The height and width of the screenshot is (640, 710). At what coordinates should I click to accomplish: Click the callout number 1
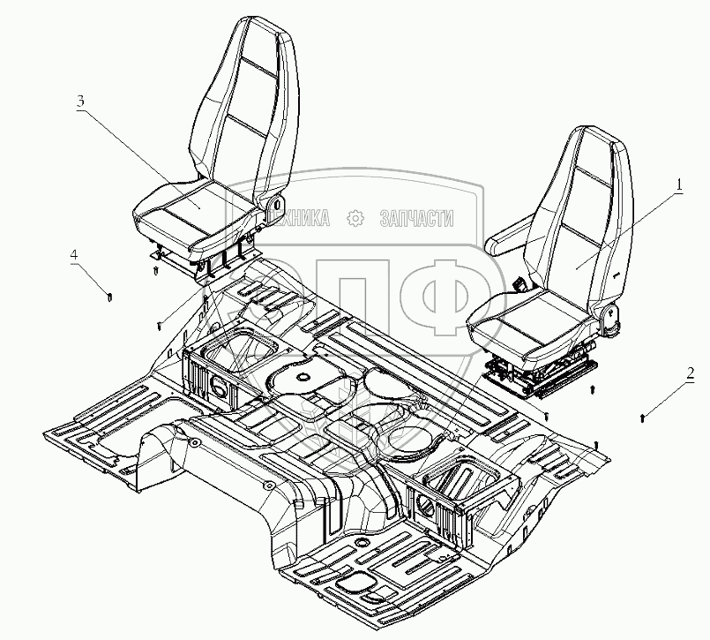tap(679, 184)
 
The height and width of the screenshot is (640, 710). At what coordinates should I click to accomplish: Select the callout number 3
tap(80, 101)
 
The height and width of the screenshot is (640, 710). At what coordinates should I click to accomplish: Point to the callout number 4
tap(75, 256)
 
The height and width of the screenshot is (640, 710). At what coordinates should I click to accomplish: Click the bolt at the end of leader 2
tap(643, 415)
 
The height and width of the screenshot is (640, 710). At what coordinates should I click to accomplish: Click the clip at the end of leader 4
tap(108, 297)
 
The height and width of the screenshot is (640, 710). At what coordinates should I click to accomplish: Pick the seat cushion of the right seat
tap(529, 313)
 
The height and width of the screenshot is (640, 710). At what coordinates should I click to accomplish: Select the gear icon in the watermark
tap(355, 218)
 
